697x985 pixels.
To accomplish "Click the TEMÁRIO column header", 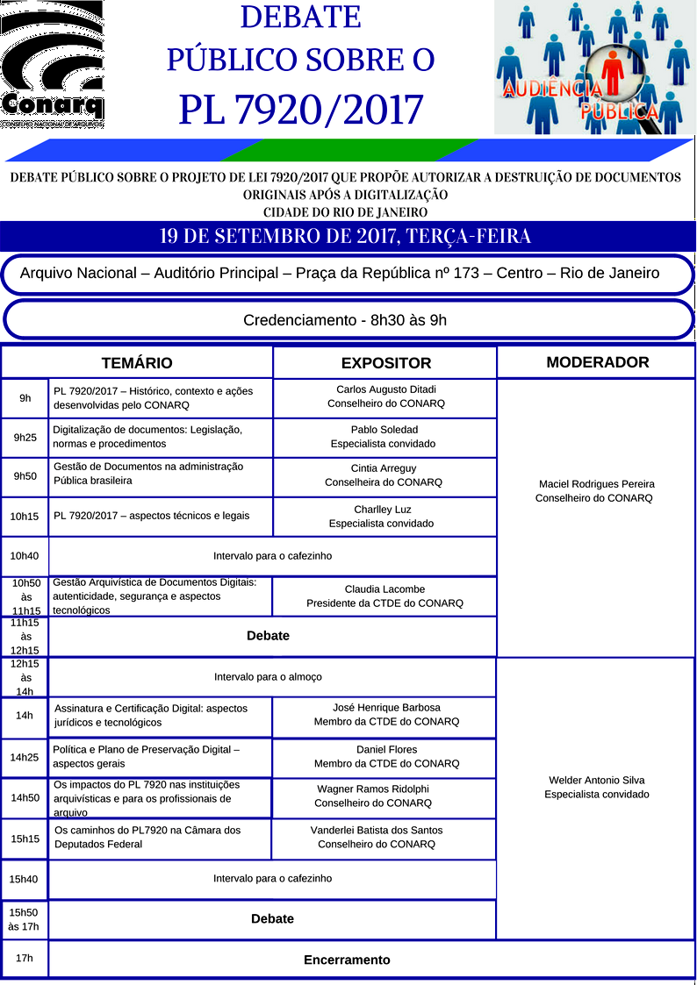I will (x=137, y=363).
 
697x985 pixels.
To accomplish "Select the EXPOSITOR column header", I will (x=386, y=363).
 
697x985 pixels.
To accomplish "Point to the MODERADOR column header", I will (x=597, y=362).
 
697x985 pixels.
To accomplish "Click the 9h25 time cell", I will (x=25, y=437).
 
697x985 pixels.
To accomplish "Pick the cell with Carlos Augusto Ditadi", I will (x=386, y=396).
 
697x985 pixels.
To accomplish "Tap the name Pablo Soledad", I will (x=384, y=430).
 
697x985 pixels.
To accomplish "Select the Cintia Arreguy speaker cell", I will (x=384, y=475).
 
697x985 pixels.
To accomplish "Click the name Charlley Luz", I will (x=383, y=510).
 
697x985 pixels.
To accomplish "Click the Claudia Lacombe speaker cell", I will (x=384, y=596).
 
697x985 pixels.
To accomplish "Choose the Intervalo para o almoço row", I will (x=268, y=677).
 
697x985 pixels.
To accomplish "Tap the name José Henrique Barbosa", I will (x=386, y=708).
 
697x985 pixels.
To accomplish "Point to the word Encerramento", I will (x=347, y=960).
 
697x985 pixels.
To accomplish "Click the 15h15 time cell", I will (x=25, y=839).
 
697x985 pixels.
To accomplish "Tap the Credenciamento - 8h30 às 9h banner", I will (x=345, y=320).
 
